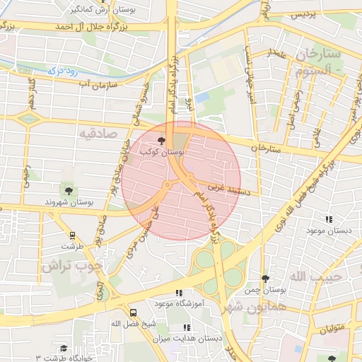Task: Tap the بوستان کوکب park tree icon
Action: click(x=162, y=141)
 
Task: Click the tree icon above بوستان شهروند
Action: click(x=69, y=190)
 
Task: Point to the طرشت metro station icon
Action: click(x=71, y=235)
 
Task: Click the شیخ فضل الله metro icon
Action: click(x=134, y=312)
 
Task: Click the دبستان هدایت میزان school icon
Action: click(x=187, y=327)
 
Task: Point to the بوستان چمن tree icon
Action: click(x=265, y=279)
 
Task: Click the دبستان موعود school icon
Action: click(x=328, y=220)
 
